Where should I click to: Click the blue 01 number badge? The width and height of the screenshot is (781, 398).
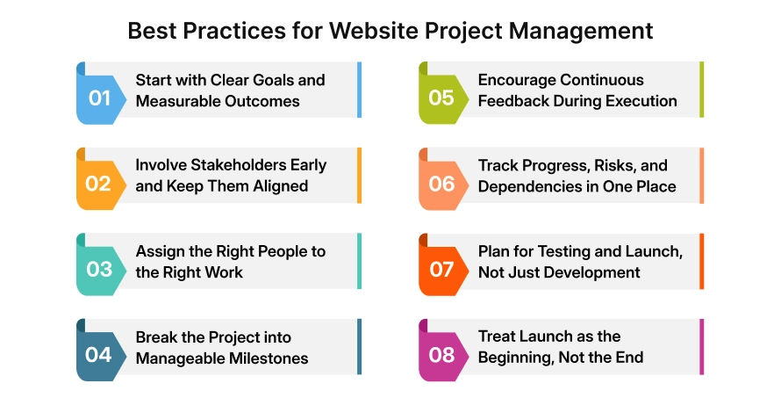98,98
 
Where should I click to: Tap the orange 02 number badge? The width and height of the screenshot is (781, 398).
98,184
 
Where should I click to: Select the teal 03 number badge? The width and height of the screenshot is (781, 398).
98,269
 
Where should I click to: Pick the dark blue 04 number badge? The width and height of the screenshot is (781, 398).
98,355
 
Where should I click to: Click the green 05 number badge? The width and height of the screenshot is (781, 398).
441,98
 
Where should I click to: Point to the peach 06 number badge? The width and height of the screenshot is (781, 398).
441,184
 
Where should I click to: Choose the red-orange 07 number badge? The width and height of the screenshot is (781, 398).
441,269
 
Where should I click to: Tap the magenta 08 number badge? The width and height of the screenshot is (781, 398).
441,355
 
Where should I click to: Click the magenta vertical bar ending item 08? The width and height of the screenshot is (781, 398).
701,347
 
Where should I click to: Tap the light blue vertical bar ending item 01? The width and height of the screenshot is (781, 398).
359,90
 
